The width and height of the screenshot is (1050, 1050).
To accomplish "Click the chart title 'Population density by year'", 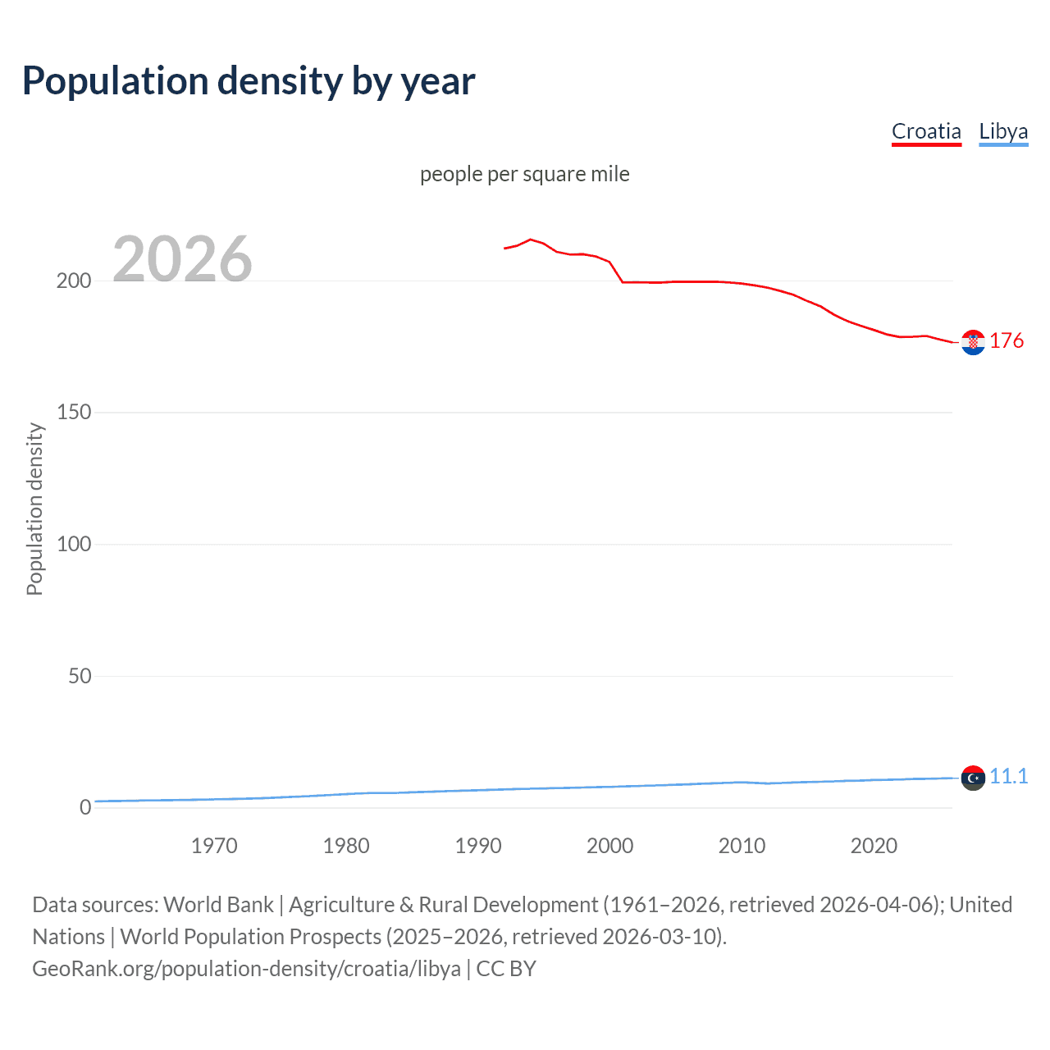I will coord(249,81).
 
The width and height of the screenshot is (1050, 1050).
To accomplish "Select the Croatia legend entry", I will coord(926,131).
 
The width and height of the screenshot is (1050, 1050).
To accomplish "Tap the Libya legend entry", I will coord(1003,131).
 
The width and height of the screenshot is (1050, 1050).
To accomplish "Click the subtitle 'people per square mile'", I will coord(524,174).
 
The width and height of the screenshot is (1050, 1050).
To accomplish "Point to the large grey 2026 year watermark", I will coord(182,259).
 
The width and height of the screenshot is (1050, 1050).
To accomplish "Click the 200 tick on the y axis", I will coord(74,281).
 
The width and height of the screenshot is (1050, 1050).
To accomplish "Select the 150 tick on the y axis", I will coord(74,413).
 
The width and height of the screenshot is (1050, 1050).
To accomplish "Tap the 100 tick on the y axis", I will coord(74,545).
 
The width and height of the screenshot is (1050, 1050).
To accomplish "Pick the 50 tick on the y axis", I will coord(80,677).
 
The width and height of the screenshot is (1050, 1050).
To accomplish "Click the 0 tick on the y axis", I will coord(85,808).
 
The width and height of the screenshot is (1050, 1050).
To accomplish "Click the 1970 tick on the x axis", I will coord(214,846).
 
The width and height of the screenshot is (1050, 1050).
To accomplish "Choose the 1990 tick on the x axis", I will coord(478,846).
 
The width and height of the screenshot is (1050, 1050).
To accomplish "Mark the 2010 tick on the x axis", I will coord(742,846).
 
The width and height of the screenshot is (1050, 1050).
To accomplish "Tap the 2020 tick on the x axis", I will coord(874,846).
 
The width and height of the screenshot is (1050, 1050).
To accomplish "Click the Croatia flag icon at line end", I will coord(973,343).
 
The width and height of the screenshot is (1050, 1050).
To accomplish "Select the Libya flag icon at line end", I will coord(973,778).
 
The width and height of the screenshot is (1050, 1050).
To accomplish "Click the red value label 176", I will coord(1007,340).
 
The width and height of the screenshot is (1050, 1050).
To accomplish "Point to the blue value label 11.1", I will coord(1008,776).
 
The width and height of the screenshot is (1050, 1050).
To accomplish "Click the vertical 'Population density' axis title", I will coord(34,509).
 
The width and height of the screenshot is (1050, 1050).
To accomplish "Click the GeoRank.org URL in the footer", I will coord(246,969).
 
